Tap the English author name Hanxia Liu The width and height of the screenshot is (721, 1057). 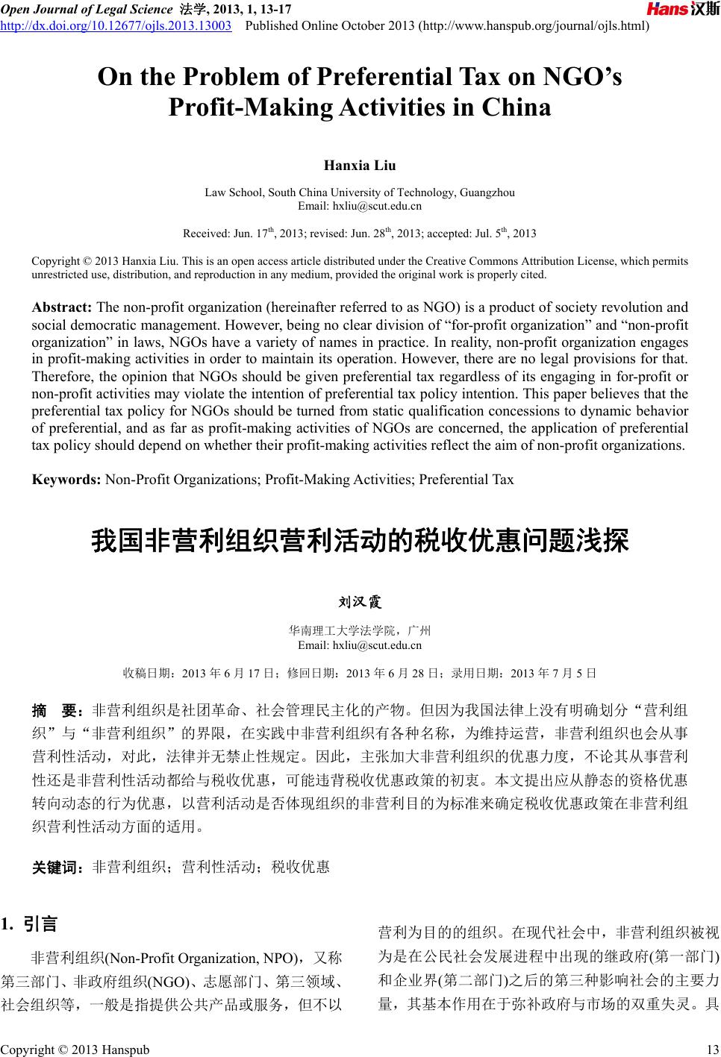pos(360,165)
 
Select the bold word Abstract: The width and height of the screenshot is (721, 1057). pos(62,307)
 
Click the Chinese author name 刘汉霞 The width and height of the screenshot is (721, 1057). pos(360,601)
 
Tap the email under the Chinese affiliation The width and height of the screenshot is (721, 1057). pos(360,645)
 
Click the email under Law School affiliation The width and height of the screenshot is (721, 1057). pos(360,206)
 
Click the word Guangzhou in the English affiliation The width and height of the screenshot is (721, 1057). pos(487,192)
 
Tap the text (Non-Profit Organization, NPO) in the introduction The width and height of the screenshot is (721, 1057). pos(199,958)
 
